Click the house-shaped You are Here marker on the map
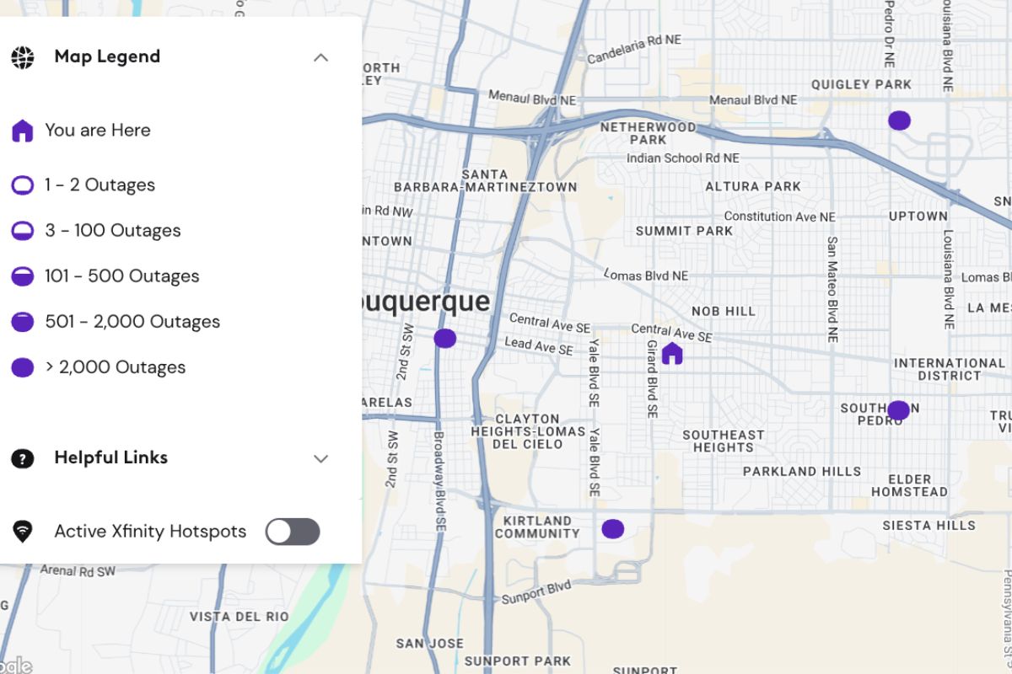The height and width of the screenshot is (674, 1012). [671, 353]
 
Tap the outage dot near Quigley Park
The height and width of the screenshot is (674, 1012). [899, 120]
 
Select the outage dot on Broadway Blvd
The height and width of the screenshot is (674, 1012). [444, 339]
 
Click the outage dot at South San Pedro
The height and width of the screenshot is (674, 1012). [898, 410]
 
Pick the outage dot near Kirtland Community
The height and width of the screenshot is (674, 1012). [612, 529]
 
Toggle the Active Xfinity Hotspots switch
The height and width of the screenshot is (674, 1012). [293, 532]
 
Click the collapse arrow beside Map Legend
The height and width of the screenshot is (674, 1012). [320, 57]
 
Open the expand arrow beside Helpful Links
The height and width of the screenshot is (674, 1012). [320, 458]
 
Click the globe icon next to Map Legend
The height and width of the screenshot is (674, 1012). [23, 57]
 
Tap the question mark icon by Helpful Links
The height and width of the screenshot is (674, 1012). [23, 458]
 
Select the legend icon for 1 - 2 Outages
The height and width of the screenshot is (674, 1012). [23, 185]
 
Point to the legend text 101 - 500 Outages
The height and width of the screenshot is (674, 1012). [122, 276]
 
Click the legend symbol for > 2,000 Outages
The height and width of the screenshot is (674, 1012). [23, 367]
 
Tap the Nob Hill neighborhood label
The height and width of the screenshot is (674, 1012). [724, 311]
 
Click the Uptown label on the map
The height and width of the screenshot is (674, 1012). [918, 217]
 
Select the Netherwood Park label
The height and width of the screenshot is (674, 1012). [648, 133]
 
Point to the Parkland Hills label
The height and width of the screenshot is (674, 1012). [801, 472]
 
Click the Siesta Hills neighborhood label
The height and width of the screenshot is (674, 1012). [929, 526]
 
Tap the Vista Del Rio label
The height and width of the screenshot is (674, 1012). [239, 617]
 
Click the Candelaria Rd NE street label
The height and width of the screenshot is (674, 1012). [633, 50]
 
